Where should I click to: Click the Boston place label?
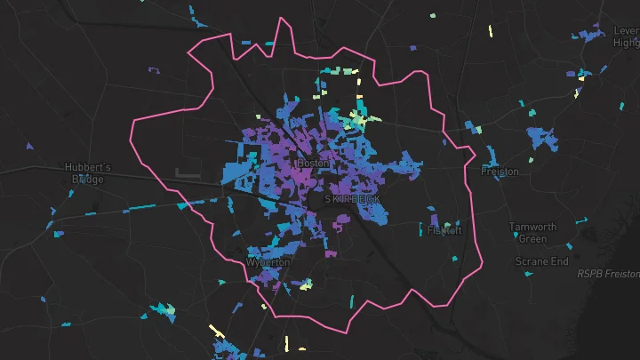(313, 164)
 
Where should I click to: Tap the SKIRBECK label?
(352, 200)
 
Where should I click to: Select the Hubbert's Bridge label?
(88, 173)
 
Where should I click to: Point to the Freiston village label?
(500, 172)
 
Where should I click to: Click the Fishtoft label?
(444, 230)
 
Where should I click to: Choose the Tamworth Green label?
(532, 233)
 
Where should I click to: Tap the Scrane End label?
(541, 261)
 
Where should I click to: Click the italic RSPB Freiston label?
(608, 275)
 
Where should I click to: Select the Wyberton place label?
(268, 263)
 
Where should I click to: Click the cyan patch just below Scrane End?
(531, 275)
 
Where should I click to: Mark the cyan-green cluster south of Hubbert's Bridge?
(161, 310)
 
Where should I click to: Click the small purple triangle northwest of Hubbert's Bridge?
(30, 146)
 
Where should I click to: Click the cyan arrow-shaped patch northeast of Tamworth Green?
(583, 220)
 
